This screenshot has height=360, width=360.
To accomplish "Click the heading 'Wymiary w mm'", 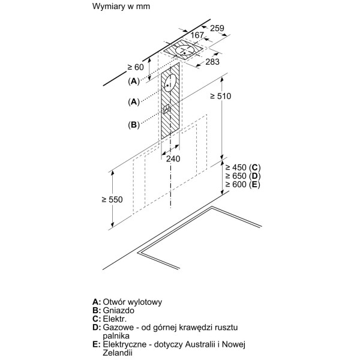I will pyautogui.click(x=121, y=7).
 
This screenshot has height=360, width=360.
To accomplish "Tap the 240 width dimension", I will pyautogui.click(x=173, y=158).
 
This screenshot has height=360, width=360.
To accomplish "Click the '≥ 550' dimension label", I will pyautogui.click(x=113, y=199).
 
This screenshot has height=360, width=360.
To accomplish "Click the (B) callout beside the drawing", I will pyautogui.click(x=133, y=124).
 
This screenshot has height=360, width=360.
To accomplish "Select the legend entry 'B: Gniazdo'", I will pyautogui.click(x=114, y=311).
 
